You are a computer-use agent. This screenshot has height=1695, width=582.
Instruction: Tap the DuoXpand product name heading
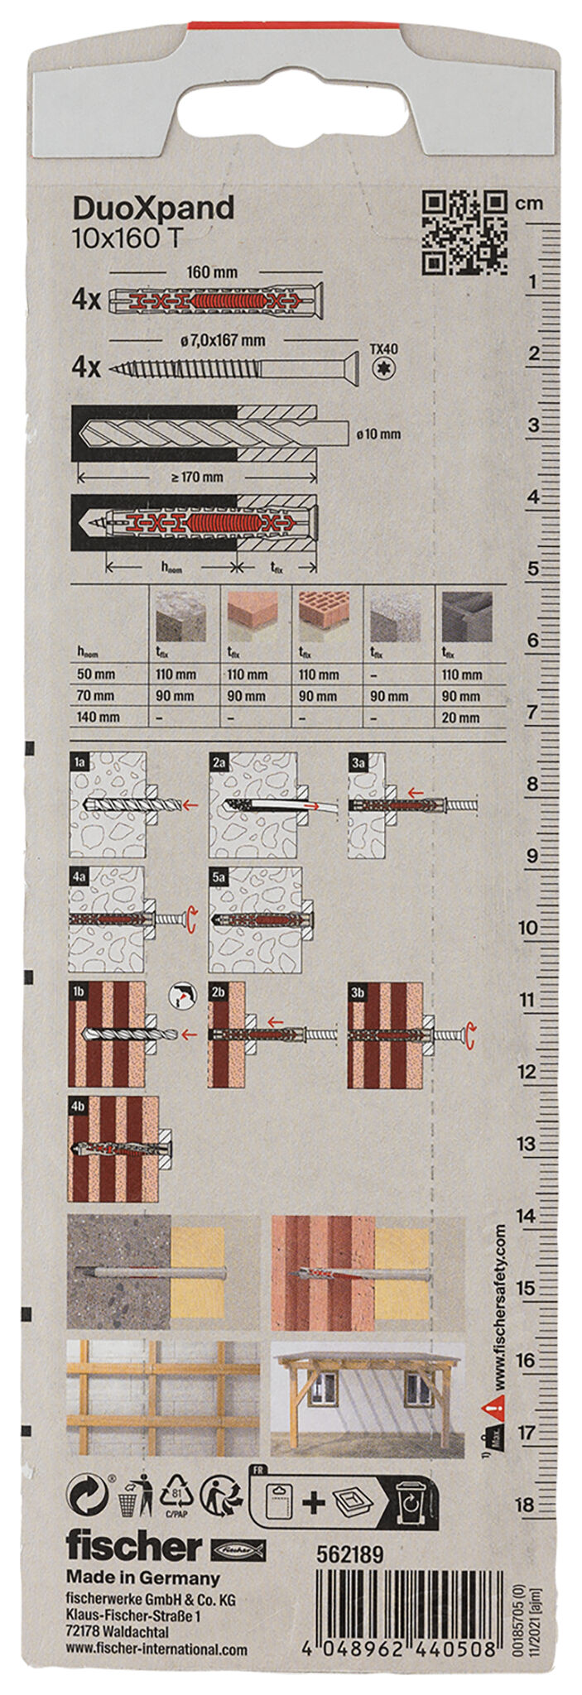pyautogui.click(x=153, y=209)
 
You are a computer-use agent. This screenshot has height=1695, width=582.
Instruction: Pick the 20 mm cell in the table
pyautogui.click(x=460, y=718)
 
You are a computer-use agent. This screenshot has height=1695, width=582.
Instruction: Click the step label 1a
pyautogui.click(x=79, y=760)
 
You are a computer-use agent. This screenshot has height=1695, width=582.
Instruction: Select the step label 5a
pyautogui.click(x=219, y=876)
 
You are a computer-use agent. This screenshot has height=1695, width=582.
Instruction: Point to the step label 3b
pyautogui.click(x=358, y=991)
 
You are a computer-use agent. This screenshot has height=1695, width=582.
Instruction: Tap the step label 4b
pyautogui.click(x=79, y=1106)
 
